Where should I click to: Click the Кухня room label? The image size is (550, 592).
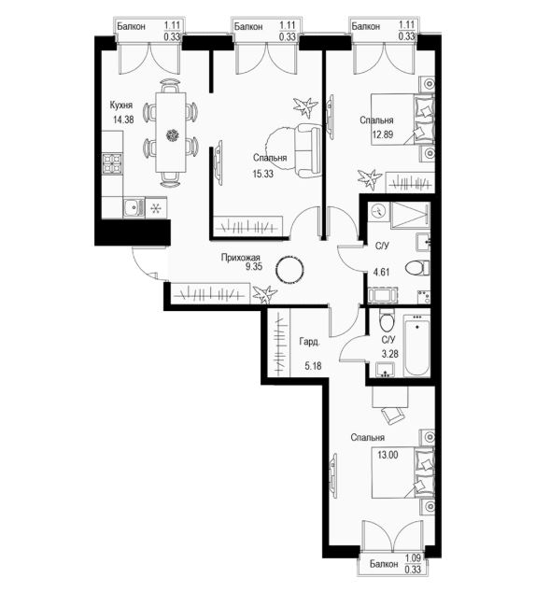tap(120, 105)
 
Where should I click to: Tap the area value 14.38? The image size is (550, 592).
tap(123, 120)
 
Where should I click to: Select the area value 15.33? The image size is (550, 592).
tap(263, 174)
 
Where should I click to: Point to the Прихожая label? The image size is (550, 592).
tap(241, 258)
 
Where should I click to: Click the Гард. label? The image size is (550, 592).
tap(309, 342)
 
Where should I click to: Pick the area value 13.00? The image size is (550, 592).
tap(388, 455)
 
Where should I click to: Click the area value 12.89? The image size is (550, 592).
tap(383, 134)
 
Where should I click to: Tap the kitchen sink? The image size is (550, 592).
tap(134, 207)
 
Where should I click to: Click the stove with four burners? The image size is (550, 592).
tap(112, 163)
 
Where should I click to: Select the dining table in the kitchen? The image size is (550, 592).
tap(171, 133)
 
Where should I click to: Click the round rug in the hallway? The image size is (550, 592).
tap(289, 270)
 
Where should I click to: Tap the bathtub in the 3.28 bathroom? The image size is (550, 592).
tap(416, 345)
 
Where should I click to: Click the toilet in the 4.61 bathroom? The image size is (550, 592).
tap(417, 268)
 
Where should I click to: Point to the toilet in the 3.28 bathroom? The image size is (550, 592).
tap(387, 320)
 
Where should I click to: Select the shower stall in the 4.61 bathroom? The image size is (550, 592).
tap(410, 215)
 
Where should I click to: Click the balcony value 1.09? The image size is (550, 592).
tap(413, 557)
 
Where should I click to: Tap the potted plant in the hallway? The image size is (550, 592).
tap(264, 294)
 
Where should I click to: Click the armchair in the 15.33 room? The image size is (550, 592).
tap(308, 150)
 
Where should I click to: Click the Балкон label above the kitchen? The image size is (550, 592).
tap(131, 26)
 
